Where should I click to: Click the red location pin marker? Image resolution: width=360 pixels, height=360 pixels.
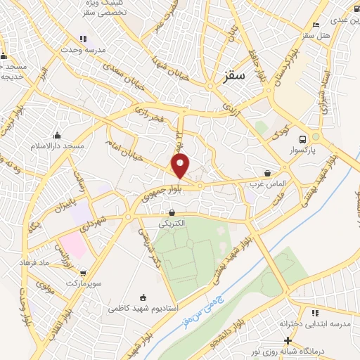[x=181, y=165]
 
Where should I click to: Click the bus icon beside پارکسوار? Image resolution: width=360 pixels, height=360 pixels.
[x=302, y=139]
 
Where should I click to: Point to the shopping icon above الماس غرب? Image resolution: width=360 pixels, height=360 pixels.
[x=267, y=173]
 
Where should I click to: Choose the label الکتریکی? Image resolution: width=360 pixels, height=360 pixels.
[x=172, y=223]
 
